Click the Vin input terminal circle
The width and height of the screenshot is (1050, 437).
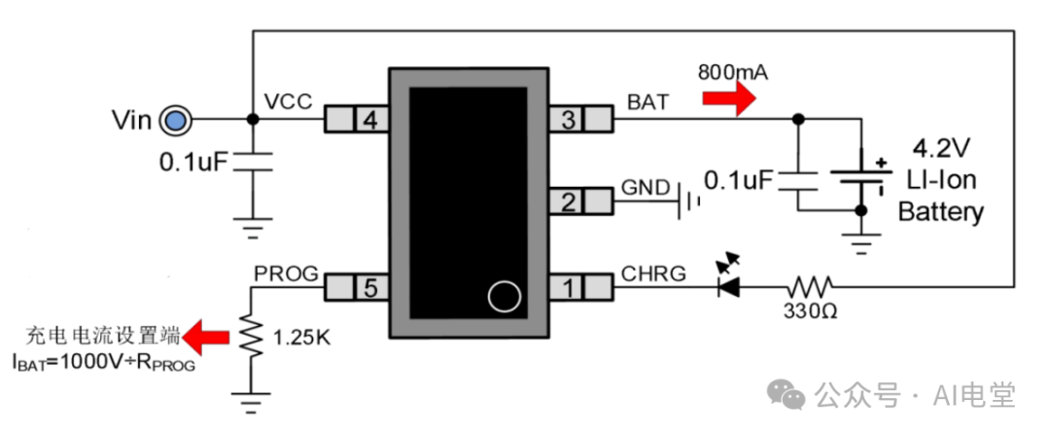coord(175,120)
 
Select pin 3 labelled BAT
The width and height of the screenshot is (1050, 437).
coord(581,120)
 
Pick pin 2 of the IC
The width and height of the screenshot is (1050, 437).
coord(581,201)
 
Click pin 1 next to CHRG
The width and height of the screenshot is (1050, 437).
coord(581,287)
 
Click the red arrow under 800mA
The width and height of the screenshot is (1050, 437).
coord(729,97)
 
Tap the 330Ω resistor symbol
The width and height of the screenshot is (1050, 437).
coord(810,287)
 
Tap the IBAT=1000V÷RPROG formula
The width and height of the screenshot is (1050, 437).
coord(103,365)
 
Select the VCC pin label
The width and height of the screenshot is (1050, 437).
coord(288,101)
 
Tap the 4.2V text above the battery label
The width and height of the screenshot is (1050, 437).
coord(939,151)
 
